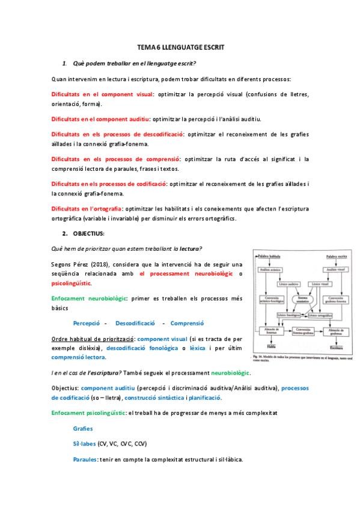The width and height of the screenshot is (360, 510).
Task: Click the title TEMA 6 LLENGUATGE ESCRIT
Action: pos(180,47)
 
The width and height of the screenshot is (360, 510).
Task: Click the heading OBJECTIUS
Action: pos(88,233)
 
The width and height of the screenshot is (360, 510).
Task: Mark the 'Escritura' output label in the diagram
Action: pos(336,347)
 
